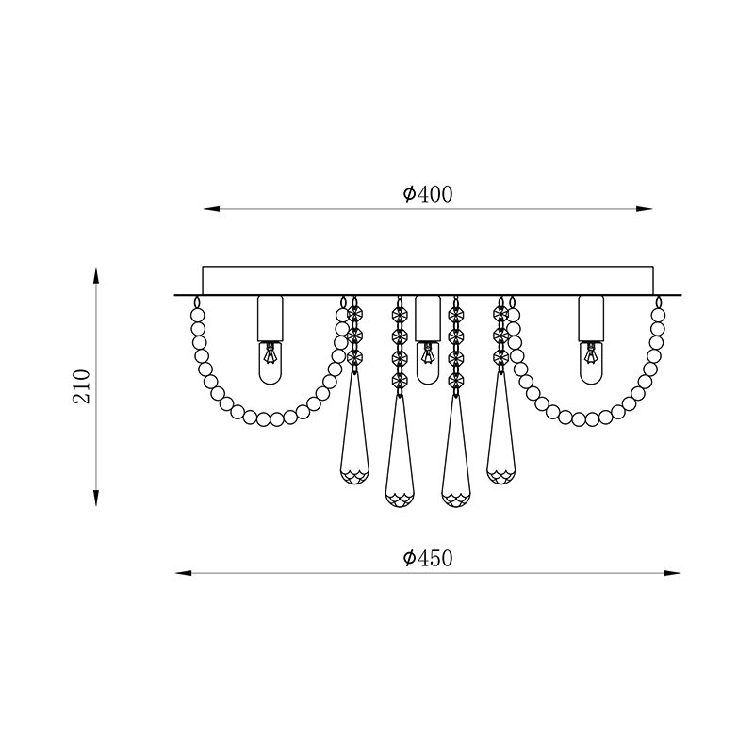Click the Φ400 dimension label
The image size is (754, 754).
coord(428,194)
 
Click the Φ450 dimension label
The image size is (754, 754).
coord(428,558)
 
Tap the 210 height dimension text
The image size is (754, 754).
coord(82,386)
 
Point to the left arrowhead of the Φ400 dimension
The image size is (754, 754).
coord(211,209)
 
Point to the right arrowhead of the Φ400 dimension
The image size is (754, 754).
coord(645,209)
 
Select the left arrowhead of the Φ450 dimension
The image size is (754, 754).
coord(184,573)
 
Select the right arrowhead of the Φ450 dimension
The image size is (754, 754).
coord(672,573)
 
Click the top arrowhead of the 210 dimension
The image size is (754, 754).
coord(96,276)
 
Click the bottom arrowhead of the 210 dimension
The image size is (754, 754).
coord(96,499)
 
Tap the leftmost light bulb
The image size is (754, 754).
coord(270,363)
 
